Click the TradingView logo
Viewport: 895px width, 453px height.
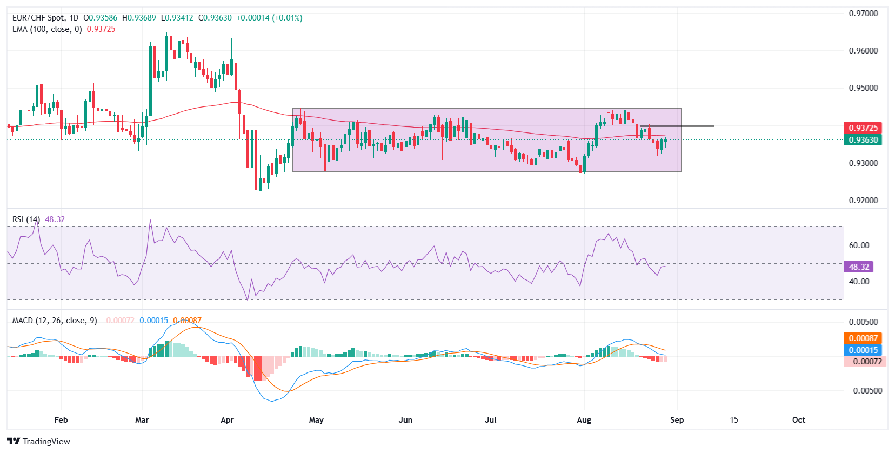[39, 441]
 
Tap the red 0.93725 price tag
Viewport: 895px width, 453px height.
[863, 128]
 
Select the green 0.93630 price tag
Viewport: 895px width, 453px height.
[863, 139]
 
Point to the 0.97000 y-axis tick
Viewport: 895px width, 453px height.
[863, 14]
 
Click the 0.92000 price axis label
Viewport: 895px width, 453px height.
[863, 200]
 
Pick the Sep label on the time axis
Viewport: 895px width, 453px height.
[677, 420]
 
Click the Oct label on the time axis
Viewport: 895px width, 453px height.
[798, 420]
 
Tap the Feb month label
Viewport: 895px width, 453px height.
[61, 420]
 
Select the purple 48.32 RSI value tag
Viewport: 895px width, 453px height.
[858, 267]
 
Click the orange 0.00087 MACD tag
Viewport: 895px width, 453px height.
[863, 338]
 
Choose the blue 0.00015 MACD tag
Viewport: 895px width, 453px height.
[863, 350]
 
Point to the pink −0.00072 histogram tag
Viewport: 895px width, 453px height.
[864, 361]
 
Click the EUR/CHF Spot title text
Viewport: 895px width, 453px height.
[45, 18]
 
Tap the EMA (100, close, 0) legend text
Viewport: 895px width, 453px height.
[47, 29]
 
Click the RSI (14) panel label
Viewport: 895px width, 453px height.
[26, 219]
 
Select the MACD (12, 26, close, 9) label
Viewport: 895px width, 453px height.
[55, 321]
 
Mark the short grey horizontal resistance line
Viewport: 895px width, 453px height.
[677, 126]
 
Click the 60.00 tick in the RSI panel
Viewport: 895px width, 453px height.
[859, 245]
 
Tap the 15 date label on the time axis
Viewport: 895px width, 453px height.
[733, 420]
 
